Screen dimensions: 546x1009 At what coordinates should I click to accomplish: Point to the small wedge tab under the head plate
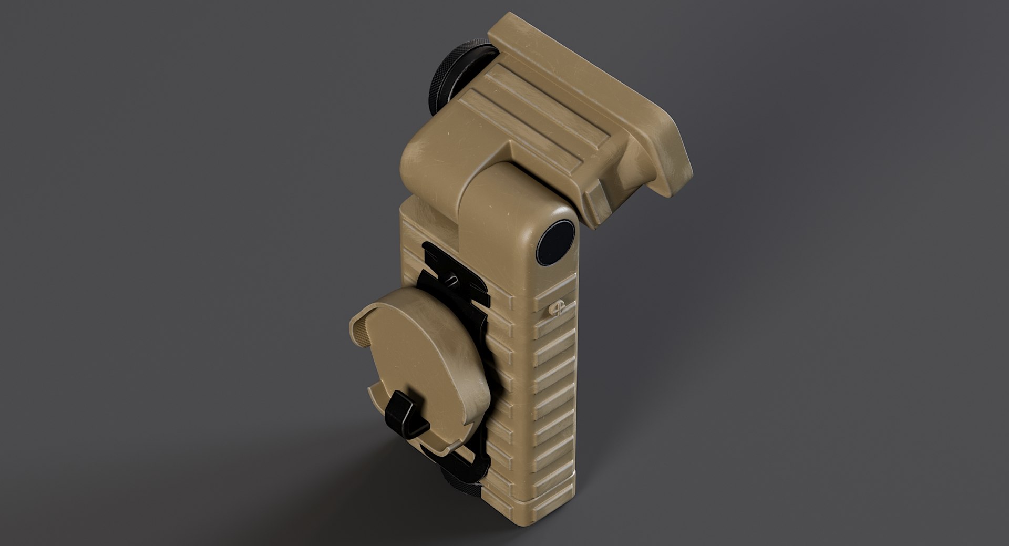tap(599, 205)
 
